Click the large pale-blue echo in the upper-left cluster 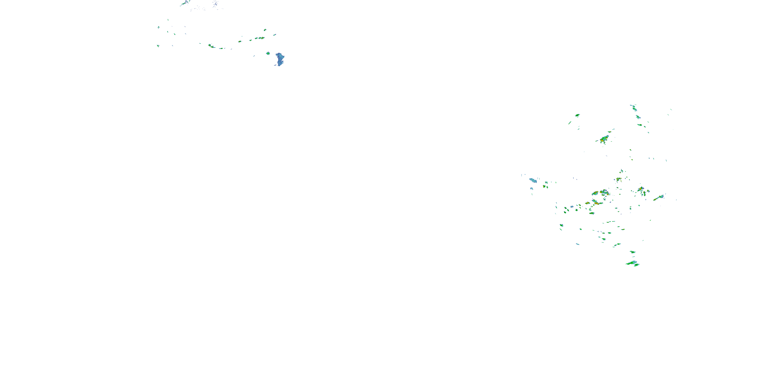tap(280, 58)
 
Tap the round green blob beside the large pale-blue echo tap(268, 53)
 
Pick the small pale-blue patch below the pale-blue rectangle tap(531, 188)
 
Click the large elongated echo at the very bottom tap(632, 263)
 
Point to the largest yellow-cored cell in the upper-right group tap(604, 138)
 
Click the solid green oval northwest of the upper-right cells tap(577, 115)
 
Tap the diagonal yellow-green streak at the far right tap(659, 198)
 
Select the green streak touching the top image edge tap(185, 2)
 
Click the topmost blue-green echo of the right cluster tap(634, 108)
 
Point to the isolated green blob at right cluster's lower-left tap(561, 225)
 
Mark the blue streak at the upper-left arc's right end tap(274, 35)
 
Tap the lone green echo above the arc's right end tap(265, 30)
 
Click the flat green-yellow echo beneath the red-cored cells tap(592, 213)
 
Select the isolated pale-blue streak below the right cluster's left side tap(578, 244)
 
